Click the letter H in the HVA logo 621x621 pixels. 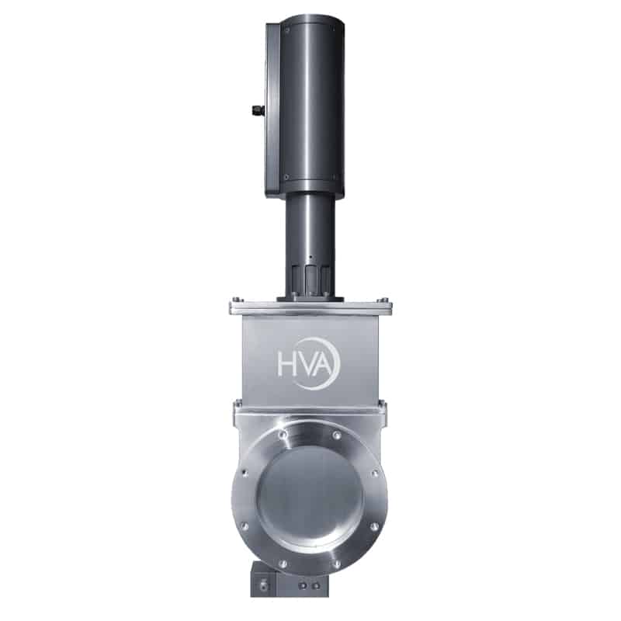285,364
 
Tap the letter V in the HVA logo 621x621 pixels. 304,364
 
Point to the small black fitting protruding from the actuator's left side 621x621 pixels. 258,109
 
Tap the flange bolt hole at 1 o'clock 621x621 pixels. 337,435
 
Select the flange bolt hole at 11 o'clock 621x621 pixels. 283,435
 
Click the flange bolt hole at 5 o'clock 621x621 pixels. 337,564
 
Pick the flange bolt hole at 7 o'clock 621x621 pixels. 283,564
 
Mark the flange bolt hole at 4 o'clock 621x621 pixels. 374,526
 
